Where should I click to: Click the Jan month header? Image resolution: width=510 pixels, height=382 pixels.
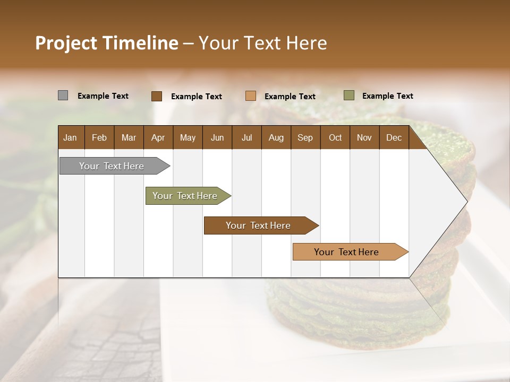click(x=70, y=137)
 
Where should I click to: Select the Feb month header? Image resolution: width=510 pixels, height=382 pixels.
click(x=99, y=137)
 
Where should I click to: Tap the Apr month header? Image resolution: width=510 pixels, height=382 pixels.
click(x=158, y=137)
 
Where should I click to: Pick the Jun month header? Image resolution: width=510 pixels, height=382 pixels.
click(x=217, y=137)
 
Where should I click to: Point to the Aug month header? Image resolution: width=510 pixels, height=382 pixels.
click(x=276, y=137)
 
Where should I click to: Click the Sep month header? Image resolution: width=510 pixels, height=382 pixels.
click(x=305, y=137)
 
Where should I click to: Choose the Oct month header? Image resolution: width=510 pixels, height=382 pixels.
click(x=335, y=137)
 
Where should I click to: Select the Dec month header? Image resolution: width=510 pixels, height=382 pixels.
click(x=394, y=137)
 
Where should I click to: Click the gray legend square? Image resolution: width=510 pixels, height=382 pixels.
click(x=63, y=95)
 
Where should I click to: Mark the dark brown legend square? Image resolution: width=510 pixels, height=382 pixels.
click(x=156, y=96)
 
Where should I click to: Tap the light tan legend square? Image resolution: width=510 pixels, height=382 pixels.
click(x=251, y=96)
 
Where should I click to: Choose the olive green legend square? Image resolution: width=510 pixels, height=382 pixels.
click(x=348, y=95)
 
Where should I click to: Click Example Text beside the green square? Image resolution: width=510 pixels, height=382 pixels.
click(x=387, y=96)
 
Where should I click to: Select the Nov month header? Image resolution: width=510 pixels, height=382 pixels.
click(x=364, y=137)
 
